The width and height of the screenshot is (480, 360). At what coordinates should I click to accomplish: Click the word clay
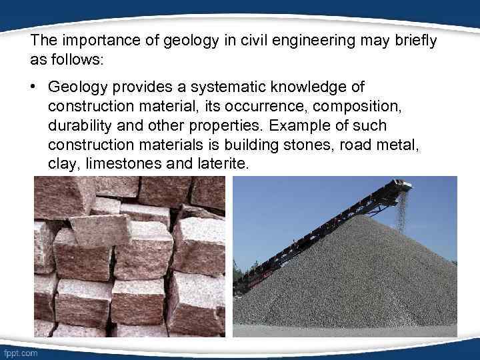(x=61, y=163)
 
